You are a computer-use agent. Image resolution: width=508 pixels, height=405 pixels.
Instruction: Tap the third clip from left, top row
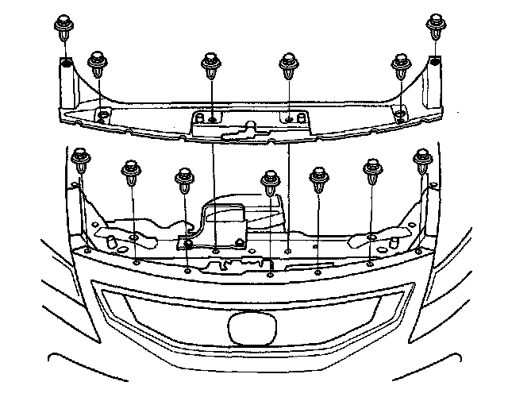[x=211, y=63]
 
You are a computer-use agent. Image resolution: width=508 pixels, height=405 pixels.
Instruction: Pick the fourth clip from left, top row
[x=288, y=63]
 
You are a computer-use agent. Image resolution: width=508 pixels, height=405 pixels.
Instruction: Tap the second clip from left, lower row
[x=130, y=172]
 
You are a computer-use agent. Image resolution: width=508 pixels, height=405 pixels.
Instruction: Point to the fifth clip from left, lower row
[x=319, y=178]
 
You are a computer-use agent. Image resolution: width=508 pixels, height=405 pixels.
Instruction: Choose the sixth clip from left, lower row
[x=371, y=171]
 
